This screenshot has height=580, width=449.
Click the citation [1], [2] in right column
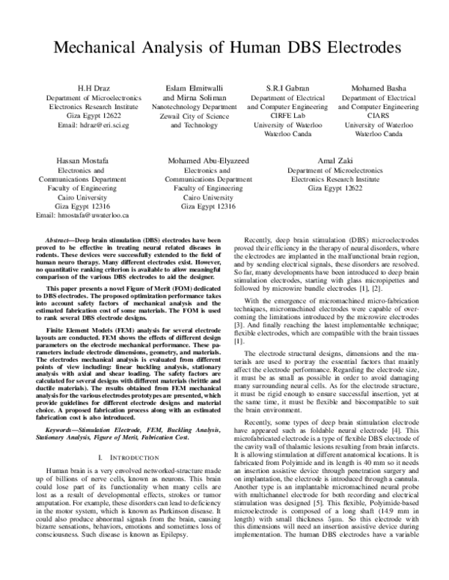click(x=366, y=289)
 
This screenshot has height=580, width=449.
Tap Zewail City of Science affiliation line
click(x=198, y=116)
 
